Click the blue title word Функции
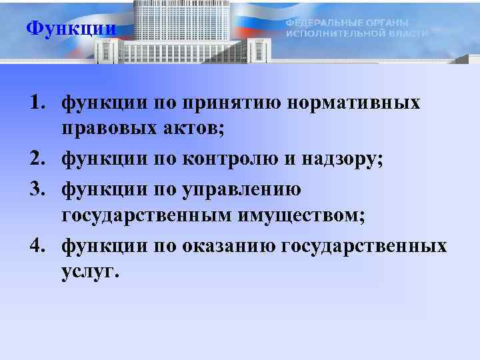[71, 29]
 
